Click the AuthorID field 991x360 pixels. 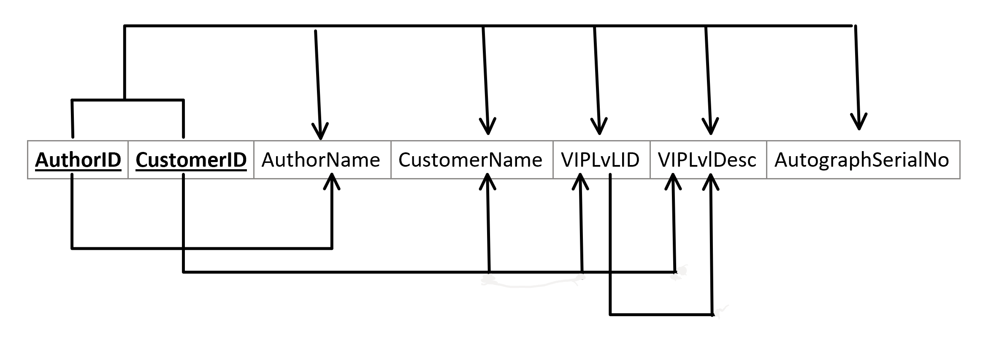point(78,160)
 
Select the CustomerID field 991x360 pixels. point(191,160)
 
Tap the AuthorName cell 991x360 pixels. point(321,160)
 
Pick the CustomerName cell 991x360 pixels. point(470,160)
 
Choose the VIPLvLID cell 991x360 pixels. point(600,160)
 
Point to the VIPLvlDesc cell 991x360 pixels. point(707,160)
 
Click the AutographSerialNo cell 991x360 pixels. point(862,160)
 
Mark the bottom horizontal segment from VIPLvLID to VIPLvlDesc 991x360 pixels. point(661,314)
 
